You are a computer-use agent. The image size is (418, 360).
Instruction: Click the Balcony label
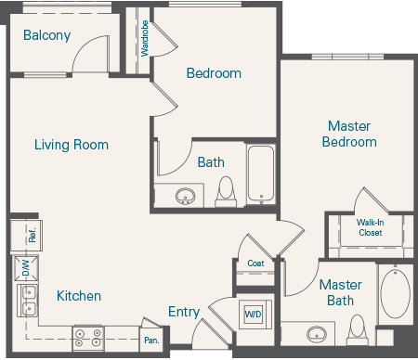coord(46,35)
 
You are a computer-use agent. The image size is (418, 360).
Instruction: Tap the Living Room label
coord(72,145)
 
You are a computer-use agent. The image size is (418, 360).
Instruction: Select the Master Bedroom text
coord(349,134)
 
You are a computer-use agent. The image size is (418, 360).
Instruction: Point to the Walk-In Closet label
coord(370,227)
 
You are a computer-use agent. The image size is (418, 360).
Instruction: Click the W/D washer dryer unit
coord(253,314)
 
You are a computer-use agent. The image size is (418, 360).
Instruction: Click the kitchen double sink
coord(27,300)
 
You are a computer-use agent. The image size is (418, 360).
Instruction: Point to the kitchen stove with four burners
coord(89,338)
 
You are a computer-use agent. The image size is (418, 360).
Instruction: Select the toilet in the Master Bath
coord(357,329)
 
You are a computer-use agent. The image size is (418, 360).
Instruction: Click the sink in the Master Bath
coord(318,335)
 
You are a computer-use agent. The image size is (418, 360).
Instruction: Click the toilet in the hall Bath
coord(225,192)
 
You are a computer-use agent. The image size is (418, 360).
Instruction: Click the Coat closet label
coord(255,263)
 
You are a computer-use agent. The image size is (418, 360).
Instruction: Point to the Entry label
coord(183,312)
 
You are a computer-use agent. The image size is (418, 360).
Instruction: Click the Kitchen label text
coord(79,296)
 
